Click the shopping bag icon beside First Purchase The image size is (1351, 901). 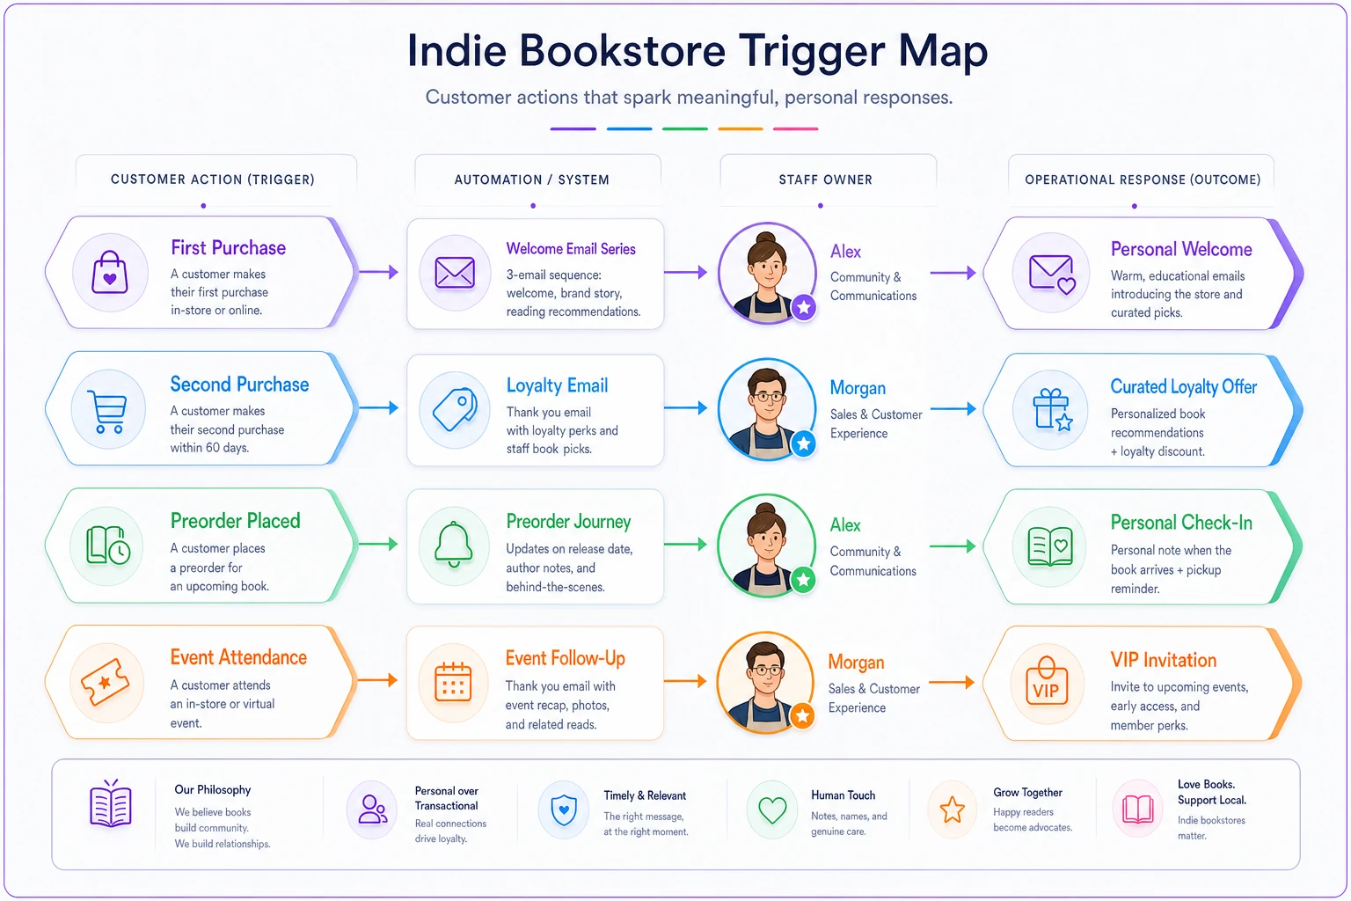110,272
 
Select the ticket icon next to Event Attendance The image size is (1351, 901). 106,682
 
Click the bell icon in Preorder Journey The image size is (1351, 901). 454,545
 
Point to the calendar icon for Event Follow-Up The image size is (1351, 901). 453,681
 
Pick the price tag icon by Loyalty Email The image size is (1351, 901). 455,409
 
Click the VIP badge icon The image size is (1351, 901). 1047,682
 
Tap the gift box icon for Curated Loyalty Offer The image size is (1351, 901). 1053,410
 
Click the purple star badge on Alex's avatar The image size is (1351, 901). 803,308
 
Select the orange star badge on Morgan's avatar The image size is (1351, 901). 802,716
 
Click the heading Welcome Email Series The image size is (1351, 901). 571,249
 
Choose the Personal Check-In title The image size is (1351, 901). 1181,523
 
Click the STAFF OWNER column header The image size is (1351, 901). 825,179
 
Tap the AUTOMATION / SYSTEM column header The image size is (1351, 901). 531,179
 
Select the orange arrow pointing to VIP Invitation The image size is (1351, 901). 952,683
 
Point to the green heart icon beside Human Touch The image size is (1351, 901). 772,809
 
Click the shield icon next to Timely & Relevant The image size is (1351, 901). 564,809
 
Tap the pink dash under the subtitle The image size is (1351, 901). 795,128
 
